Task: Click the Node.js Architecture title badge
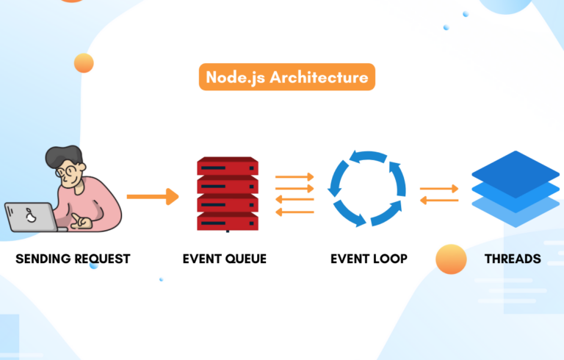click(286, 77)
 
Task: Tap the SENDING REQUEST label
click(73, 259)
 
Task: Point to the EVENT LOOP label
click(367, 259)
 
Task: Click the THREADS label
click(513, 259)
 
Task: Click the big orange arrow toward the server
click(153, 196)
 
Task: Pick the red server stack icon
click(228, 193)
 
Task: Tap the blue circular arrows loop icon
click(366, 188)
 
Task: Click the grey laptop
click(29, 217)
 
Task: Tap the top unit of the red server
click(228, 166)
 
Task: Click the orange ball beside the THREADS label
click(451, 259)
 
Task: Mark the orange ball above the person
click(84, 64)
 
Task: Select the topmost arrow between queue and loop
click(294, 176)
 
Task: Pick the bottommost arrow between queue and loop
click(294, 212)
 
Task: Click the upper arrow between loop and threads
click(439, 189)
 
